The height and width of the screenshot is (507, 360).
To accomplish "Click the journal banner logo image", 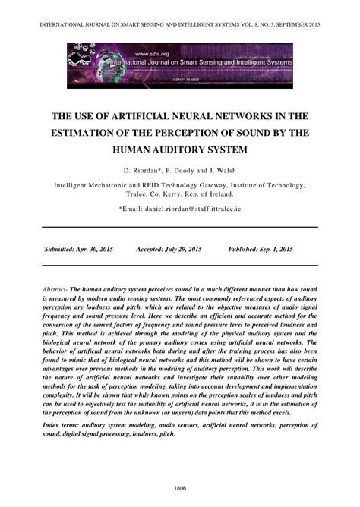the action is pyautogui.click(x=179, y=65).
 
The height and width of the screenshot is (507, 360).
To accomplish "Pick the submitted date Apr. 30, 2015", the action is pyautogui.click(x=99, y=249).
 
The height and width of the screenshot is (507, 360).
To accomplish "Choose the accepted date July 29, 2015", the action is pyautogui.click(x=183, y=249).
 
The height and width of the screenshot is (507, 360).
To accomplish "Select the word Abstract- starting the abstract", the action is pyautogui.click(x=56, y=291).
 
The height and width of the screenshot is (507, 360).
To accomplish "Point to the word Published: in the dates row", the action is pyautogui.click(x=242, y=249).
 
